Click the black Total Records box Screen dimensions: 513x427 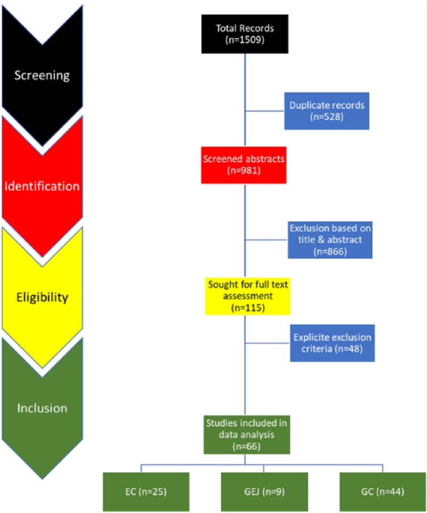click(x=245, y=34)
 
